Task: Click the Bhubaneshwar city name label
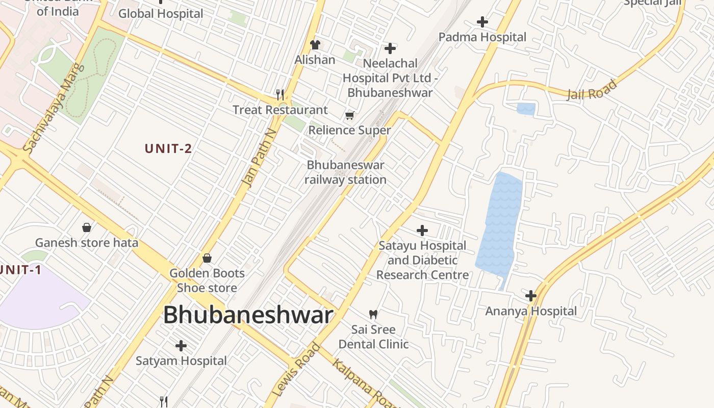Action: pos(248,315)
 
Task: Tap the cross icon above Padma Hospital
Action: pos(482,22)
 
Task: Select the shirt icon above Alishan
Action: pos(315,45)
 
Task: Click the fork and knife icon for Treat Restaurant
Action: pos(280,94)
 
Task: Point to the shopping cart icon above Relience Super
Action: pos(349,115)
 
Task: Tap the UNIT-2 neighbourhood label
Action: pos(168,148)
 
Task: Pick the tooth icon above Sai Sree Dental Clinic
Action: pos(373,314)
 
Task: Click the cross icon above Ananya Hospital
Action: pos(531,295)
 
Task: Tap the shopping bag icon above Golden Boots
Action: pos(207,258)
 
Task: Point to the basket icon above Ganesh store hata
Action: pos(87,227)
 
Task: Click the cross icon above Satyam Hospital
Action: pos(181,346)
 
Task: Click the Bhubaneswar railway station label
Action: pos(345,172)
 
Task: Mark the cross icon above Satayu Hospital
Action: pos(422,231)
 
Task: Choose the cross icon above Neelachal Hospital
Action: pos(390,48)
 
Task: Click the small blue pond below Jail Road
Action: pos(526,109)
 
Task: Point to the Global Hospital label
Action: pos(161,14)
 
